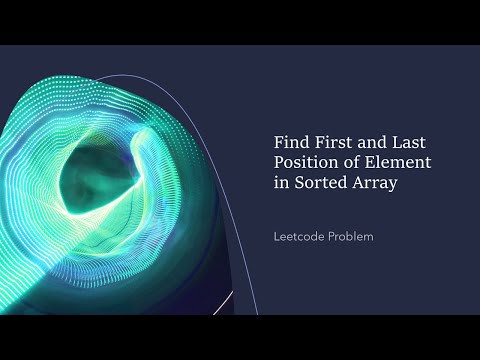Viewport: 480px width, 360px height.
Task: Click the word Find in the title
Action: point(290,142)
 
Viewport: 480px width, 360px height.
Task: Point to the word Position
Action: point(305,163)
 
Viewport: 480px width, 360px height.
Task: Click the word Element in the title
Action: point(395,163)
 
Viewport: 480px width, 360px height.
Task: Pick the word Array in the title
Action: point(370,184)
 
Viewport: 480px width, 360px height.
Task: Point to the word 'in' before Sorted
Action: point(280,184)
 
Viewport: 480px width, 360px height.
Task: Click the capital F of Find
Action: point(279,142)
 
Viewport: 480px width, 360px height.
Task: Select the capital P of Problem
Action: point(334,238)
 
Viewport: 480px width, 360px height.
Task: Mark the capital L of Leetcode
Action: point(277,238)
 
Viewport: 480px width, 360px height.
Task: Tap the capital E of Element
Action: point(370,163)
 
